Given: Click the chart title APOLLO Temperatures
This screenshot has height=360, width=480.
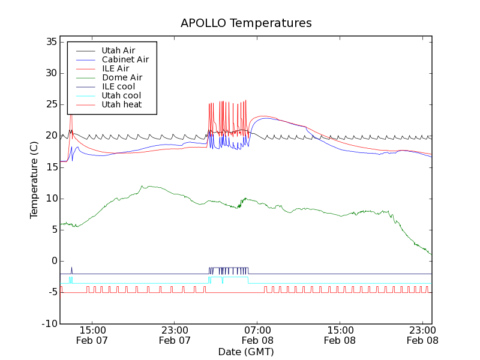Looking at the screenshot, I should tap(246, 23).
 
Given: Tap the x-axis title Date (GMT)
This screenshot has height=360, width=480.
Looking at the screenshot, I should tap(246, 352).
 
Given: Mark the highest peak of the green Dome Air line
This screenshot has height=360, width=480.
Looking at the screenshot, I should tap(142, 186).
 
